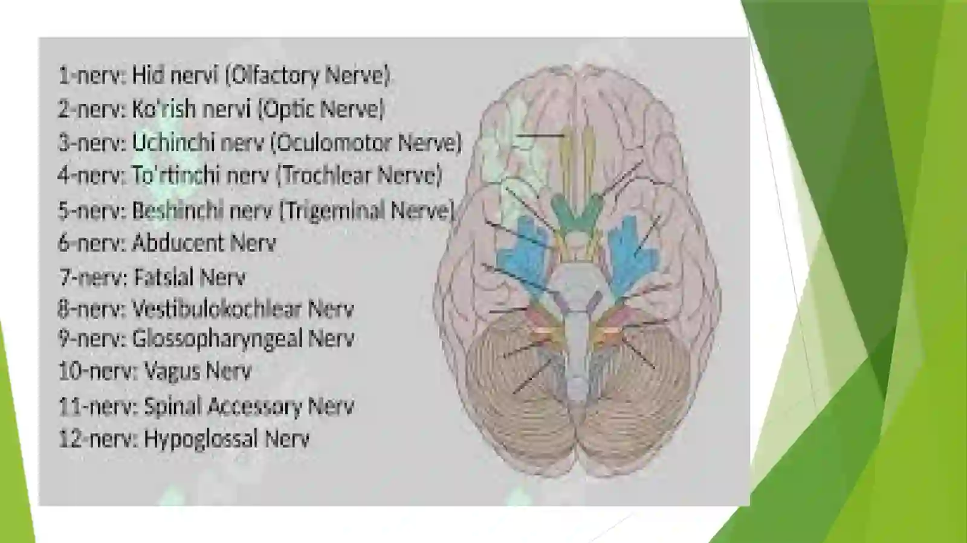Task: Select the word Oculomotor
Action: pyautogui.click(x=332, y=143)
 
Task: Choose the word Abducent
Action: pyautogui.click(x=178, y=243)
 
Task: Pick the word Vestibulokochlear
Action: pyautogui.click(x=216, y=309)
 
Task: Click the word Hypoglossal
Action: pyautogui.click(x=201, y=439)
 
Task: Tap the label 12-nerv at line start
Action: pyautogui.click(x=98, y=439)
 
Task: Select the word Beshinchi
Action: pyautogui.click(x=177, y=211)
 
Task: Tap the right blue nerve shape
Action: pyautogui.click(x=630, y=254)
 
